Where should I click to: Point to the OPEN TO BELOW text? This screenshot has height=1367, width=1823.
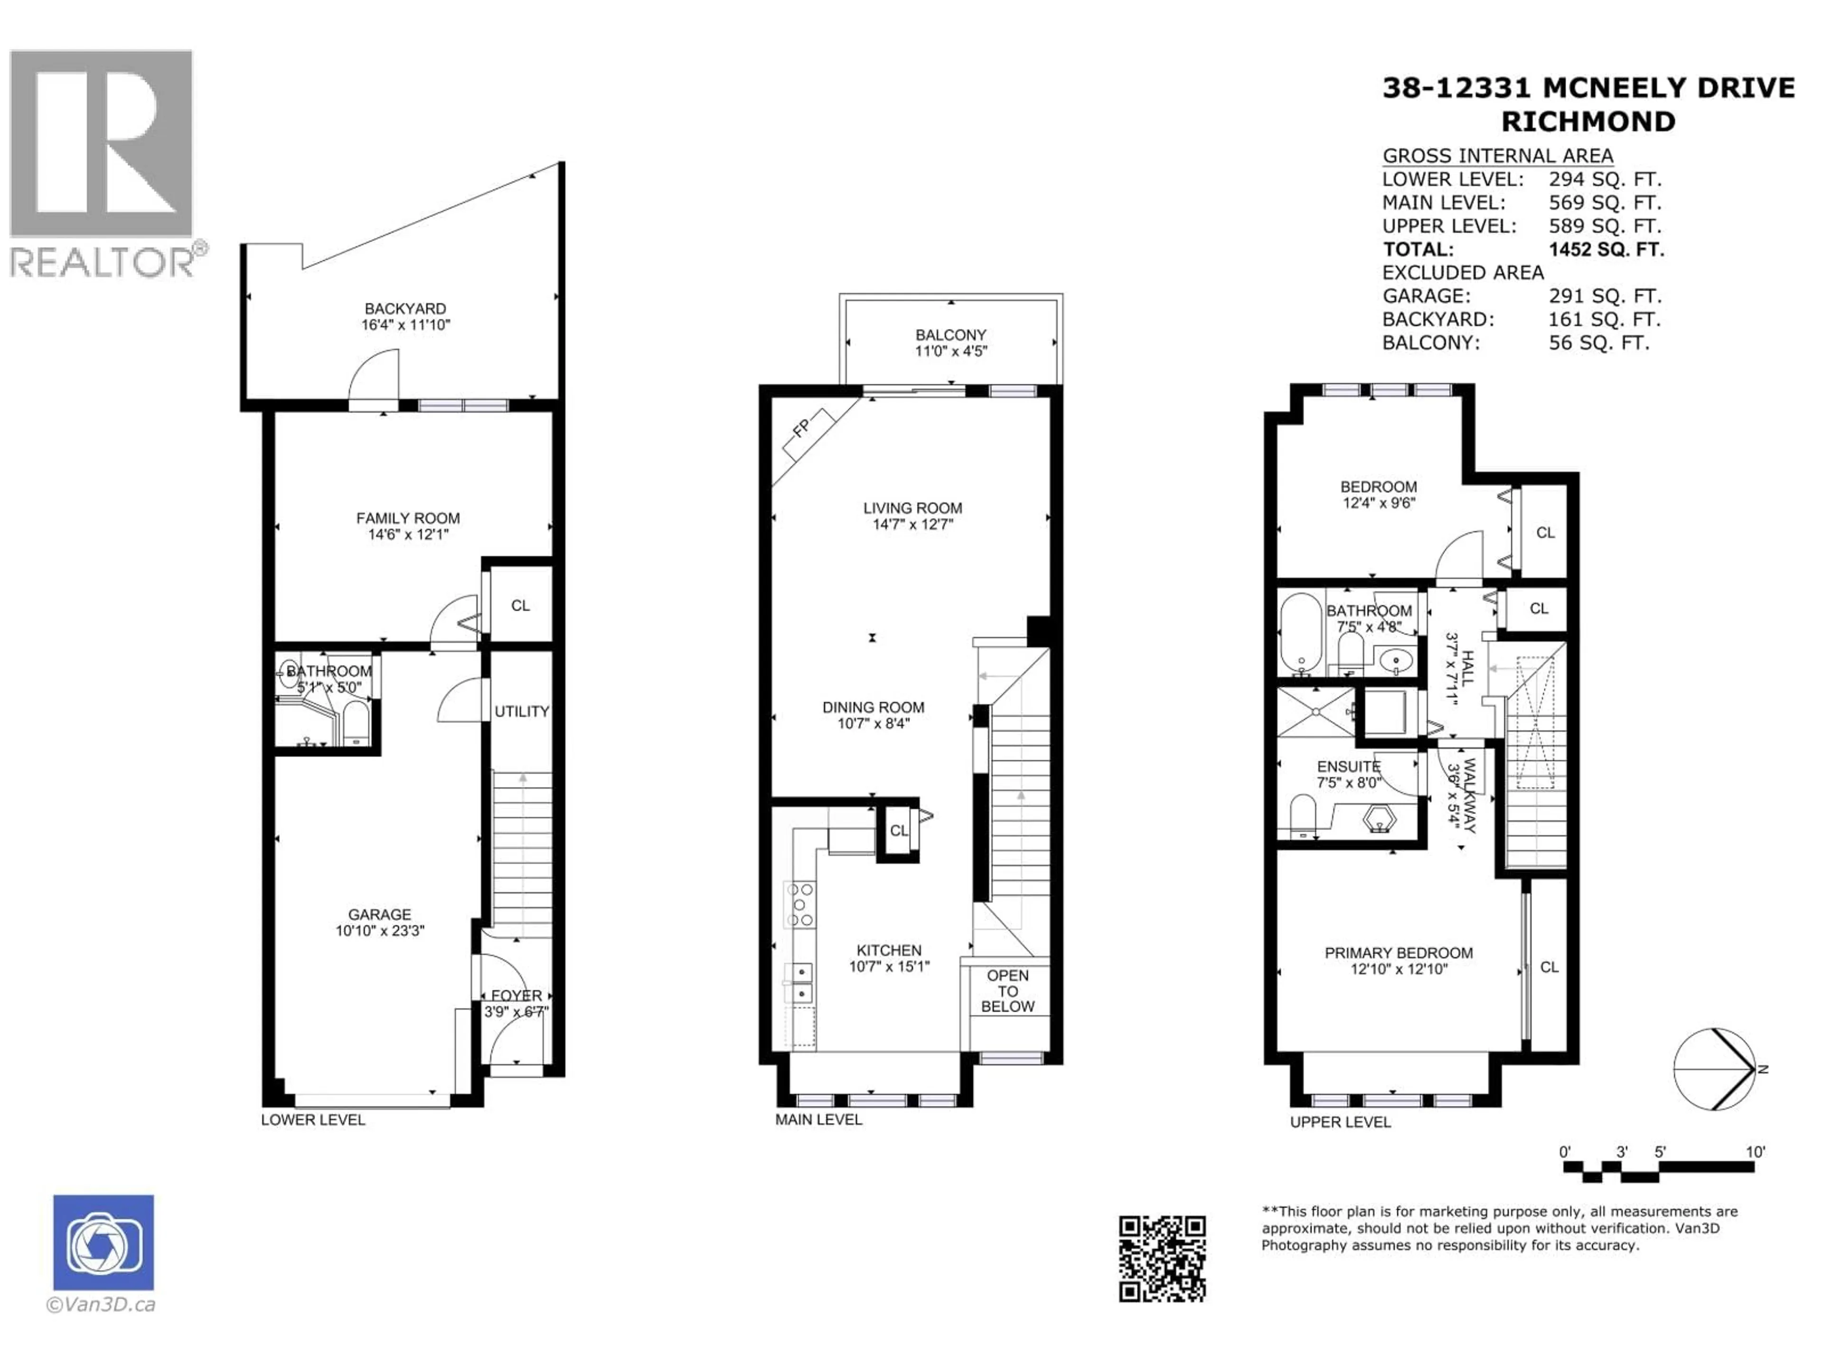click(1007, 991)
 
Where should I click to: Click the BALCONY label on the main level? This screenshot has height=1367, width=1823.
click(950, 335)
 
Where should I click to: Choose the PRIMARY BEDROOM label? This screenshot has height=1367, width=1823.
click(1399, 953)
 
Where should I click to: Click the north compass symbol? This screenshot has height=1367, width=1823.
click(1714, 1069)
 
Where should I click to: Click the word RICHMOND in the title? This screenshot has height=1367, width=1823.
click(1588, 122)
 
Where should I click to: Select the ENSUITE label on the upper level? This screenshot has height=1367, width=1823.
click(1348, 766)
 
